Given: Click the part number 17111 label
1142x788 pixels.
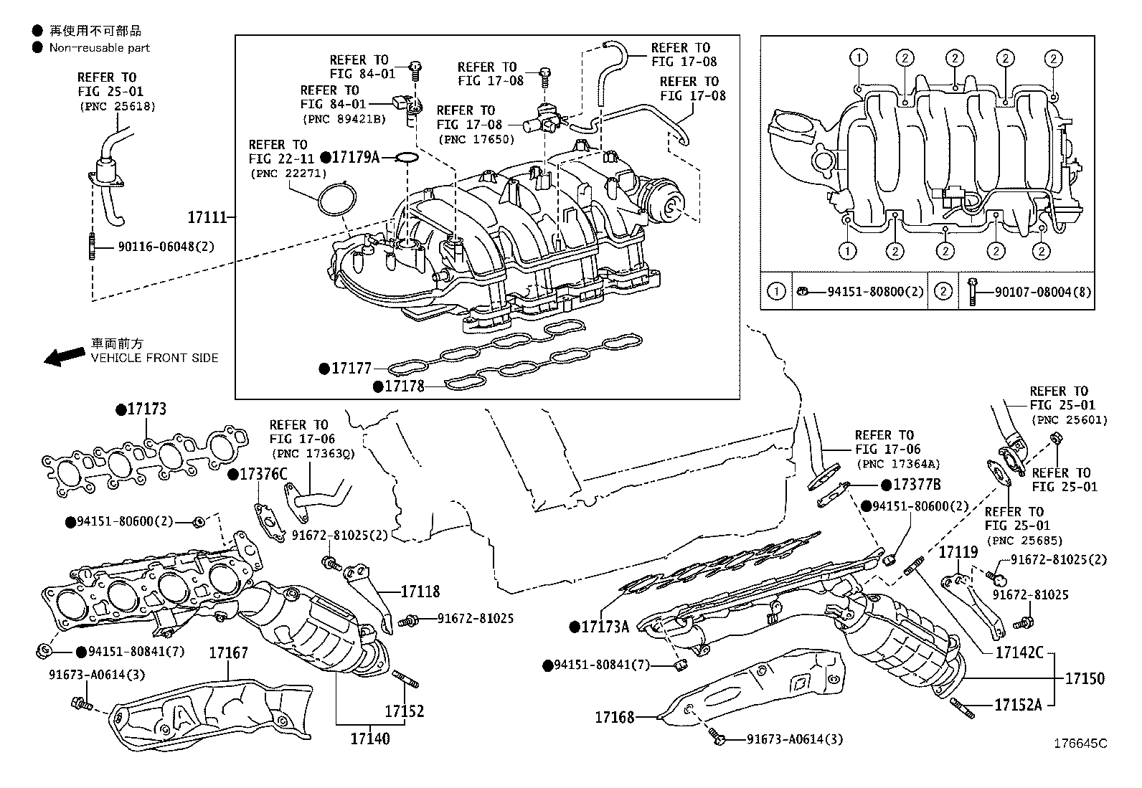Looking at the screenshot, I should click(207, 217).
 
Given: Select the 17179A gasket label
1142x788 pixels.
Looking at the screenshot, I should click(354, 158).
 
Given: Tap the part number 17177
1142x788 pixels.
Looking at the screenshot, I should click(351, 369).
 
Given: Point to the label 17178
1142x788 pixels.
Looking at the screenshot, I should click(405, 386).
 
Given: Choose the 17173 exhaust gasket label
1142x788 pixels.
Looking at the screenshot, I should click(146, 409).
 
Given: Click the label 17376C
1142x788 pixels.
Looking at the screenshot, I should click(263, 474).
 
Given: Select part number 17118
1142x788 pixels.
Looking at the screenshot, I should click(420, 592).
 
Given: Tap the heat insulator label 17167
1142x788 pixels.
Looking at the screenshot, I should click(228, 653).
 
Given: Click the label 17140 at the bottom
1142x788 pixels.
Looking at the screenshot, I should click(370, 738).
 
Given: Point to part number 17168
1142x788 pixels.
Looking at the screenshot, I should click(615, 716).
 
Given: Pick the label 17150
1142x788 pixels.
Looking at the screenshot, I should click(1085, 678).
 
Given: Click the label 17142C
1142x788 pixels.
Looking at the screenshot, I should click(1019, 653).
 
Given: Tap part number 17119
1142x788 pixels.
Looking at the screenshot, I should click(958, 552).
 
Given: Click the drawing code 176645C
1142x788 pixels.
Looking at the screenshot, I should click(1080, 743).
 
